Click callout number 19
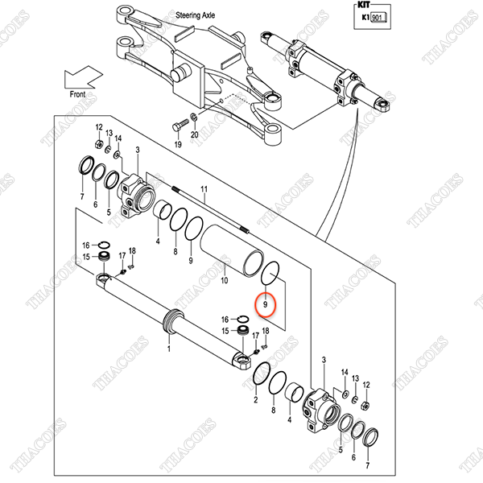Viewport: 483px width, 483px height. [178, 144]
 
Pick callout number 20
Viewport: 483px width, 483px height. [194, 135]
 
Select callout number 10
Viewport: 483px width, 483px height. [225, 280]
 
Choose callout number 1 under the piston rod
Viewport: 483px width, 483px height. [168, 349]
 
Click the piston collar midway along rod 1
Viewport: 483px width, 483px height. [173, 320]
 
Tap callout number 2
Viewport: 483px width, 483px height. [256, 399]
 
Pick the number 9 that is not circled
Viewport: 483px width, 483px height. [190, 261]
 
